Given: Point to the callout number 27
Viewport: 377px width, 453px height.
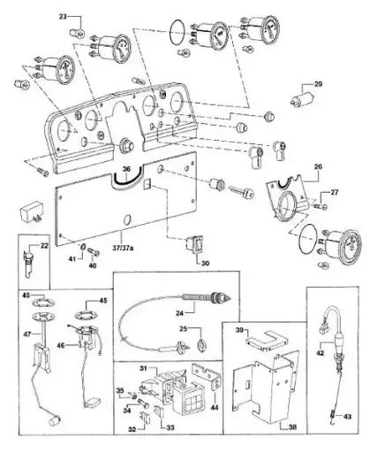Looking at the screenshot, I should click(x=335, y=192).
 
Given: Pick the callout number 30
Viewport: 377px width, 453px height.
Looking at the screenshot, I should click(x=206, y=264).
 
